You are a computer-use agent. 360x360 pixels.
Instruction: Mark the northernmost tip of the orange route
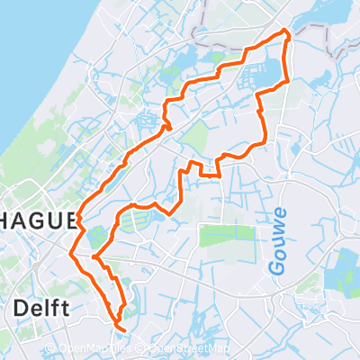pos(287,31)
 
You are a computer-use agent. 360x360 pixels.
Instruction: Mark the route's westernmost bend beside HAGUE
pos(79,219)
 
